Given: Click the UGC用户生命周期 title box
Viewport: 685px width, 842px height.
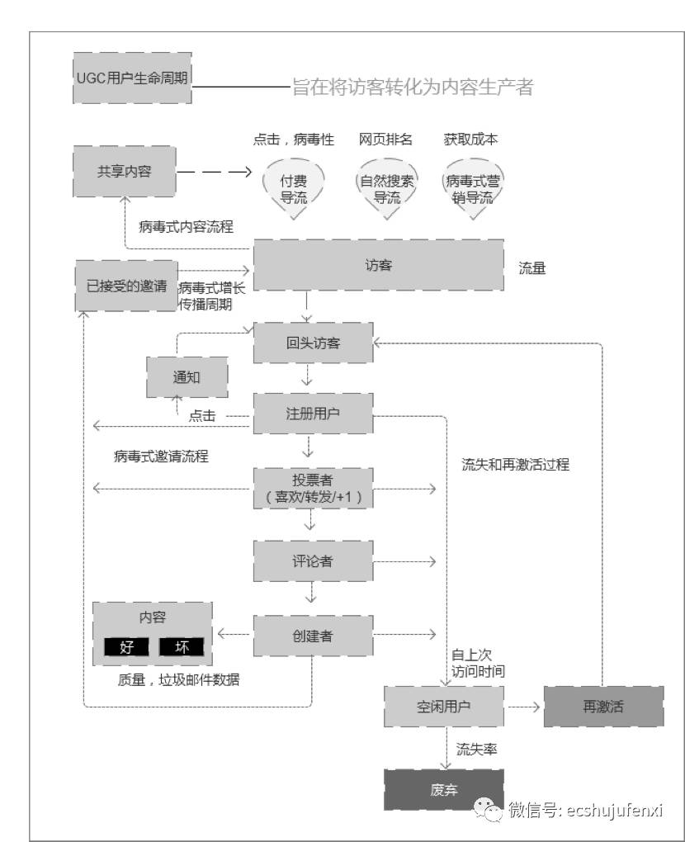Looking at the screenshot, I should [x=132, y=79].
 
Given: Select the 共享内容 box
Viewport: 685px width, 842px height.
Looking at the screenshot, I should [x=124, y=171].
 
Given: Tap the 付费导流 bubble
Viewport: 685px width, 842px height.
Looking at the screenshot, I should [x=294, y=188].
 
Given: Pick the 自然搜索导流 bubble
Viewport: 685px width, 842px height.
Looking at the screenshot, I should [x=387, y=188].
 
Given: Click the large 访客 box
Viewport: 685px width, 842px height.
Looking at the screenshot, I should [x=378, y=265].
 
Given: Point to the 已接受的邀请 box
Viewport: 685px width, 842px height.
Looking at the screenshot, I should [x=126, y=286].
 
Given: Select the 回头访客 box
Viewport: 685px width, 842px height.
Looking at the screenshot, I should [x=313, y=343].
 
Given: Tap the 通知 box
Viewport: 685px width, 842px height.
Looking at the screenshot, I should [x=187, y=378].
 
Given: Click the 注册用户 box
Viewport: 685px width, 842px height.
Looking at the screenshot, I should [x=313, y=414].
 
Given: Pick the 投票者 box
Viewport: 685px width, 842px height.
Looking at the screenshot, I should [x=313, y=490].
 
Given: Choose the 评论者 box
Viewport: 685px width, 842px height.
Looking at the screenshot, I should [x=313, y=561].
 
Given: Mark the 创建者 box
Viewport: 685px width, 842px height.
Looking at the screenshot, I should [x=313, y=634].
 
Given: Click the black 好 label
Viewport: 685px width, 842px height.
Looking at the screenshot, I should [x=126, y=647].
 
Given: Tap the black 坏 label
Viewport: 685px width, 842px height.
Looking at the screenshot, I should [x=182, y=647].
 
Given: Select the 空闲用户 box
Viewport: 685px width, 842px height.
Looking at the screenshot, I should [x=444, y=707].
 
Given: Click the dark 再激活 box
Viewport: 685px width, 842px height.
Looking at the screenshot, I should [x=603, y=707].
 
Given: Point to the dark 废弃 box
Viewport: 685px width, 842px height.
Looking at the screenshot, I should [x=444, y=789].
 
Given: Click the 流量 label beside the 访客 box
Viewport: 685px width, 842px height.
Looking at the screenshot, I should [x=532, y=268].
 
